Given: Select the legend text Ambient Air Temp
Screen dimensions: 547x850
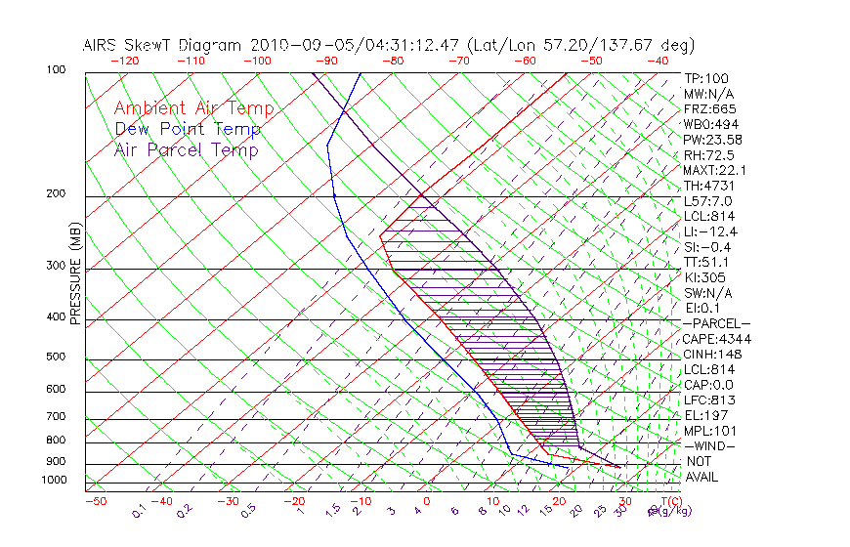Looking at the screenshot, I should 194,108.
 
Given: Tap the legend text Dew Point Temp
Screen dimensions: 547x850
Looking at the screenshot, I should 188,129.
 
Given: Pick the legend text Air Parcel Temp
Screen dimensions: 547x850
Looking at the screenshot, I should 187,149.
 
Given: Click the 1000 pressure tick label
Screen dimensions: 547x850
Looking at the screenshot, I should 56,480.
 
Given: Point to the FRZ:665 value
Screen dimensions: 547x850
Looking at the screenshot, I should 710,108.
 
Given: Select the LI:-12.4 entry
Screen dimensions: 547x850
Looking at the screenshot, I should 710,231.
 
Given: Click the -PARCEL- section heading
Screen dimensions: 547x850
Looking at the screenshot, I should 716,323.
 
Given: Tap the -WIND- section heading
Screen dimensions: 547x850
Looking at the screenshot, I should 710,445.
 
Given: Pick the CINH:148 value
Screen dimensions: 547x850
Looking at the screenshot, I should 712,354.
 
